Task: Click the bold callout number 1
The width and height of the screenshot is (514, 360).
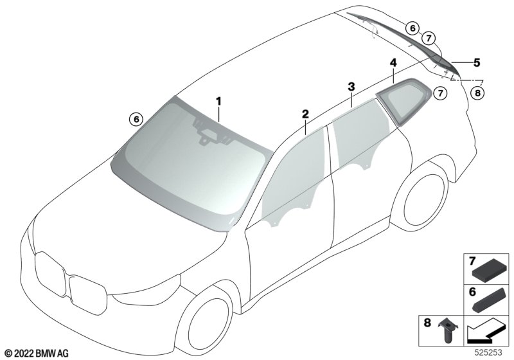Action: (x=218, y=102)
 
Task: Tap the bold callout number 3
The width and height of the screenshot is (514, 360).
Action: (x=351, y=87)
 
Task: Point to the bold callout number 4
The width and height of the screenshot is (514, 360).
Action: (x=393, y=62)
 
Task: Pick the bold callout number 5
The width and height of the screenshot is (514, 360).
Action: (x=476, y=62)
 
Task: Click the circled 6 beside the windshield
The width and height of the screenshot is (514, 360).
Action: (x=136, y=119)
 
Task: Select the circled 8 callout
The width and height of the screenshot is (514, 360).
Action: (x=477, y=93)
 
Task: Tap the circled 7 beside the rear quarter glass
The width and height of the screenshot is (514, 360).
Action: (x=440, y=93)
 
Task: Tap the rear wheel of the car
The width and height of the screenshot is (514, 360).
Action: (x=425, y=199)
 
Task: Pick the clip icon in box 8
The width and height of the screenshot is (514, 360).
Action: (x=447, y=330)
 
